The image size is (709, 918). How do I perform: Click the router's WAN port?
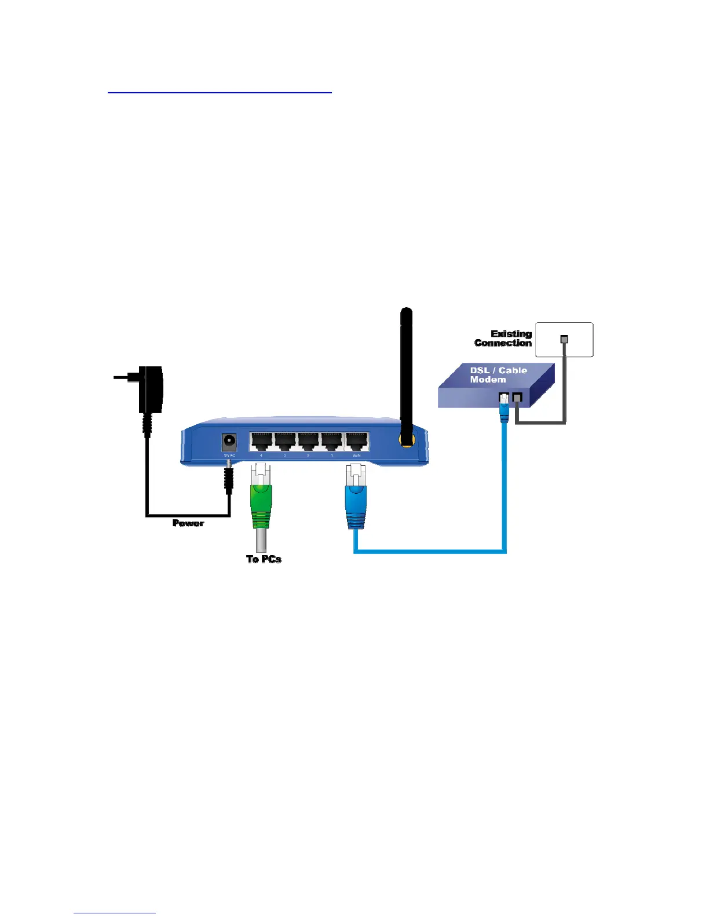coord(356,442)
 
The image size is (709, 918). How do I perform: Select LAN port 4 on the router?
coord(261,442)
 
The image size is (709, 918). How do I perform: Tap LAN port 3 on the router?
coord(285,442)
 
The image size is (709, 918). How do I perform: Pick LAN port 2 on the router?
coord(308,442)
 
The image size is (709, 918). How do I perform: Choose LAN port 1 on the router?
coord(332,442)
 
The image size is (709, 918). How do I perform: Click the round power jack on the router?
coord(229,442)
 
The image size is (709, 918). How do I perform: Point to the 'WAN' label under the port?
coord(356,456)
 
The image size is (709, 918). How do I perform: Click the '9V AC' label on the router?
coord(229,456)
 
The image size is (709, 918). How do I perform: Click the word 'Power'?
coord(188,523)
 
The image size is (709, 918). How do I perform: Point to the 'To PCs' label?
coord(264,559)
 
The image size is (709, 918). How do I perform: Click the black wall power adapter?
coord(151,389)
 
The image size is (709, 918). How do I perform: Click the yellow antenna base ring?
coord(407,440)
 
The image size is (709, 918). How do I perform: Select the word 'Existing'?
coord(511,334)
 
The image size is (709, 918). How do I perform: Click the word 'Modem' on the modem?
coord(488,380)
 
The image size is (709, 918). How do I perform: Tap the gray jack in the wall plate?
coord(564,340)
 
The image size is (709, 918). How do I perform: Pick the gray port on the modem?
coord(518,398)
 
